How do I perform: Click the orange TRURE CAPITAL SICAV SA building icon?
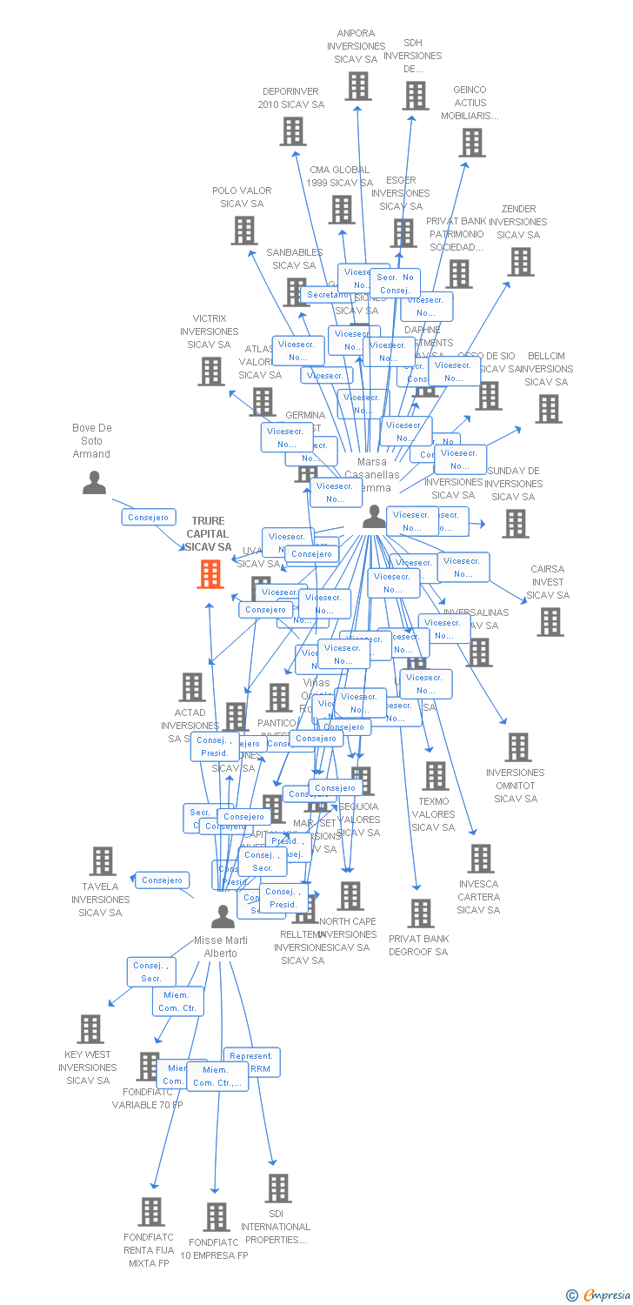coord(210,574)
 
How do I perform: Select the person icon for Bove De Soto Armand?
coord(94,482)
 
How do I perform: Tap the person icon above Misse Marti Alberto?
coord(223,916)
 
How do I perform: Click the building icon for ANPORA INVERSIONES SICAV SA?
coord(357,86)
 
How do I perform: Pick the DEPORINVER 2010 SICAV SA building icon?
coord(293,131)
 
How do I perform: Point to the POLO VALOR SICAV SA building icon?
coord(244,231)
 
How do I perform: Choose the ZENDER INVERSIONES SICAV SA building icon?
coord(520,262)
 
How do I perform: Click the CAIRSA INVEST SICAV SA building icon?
coord(550,622)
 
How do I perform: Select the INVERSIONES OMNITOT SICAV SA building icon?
coord(517,747)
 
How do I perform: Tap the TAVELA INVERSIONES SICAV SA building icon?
coord(103,861)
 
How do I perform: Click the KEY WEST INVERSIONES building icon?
coord(90,1029)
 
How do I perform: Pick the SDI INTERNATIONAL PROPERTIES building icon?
coord(277,1188)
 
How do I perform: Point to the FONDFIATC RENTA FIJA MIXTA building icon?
coord(151,1212)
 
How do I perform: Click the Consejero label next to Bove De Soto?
coord(148,517)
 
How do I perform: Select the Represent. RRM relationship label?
coord(251,1062)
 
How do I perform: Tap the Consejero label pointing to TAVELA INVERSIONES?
coord(163,880)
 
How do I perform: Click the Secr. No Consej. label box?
coord(396,284)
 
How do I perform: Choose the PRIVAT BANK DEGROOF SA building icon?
coord(421,913)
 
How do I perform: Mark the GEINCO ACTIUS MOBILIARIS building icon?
coord(471,143)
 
